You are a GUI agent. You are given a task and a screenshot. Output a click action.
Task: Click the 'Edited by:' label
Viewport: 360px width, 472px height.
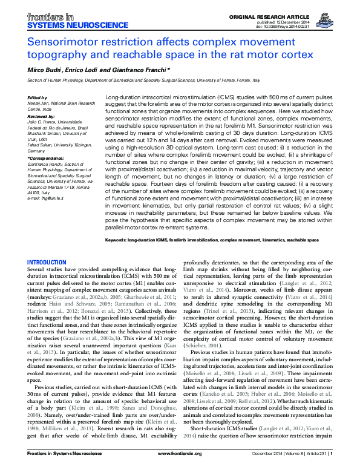(38, 98)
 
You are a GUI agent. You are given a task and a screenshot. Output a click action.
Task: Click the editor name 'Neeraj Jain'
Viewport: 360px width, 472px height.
(41, 103)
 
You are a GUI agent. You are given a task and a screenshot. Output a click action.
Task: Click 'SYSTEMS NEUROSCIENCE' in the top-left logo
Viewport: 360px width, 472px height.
(64, 26)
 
